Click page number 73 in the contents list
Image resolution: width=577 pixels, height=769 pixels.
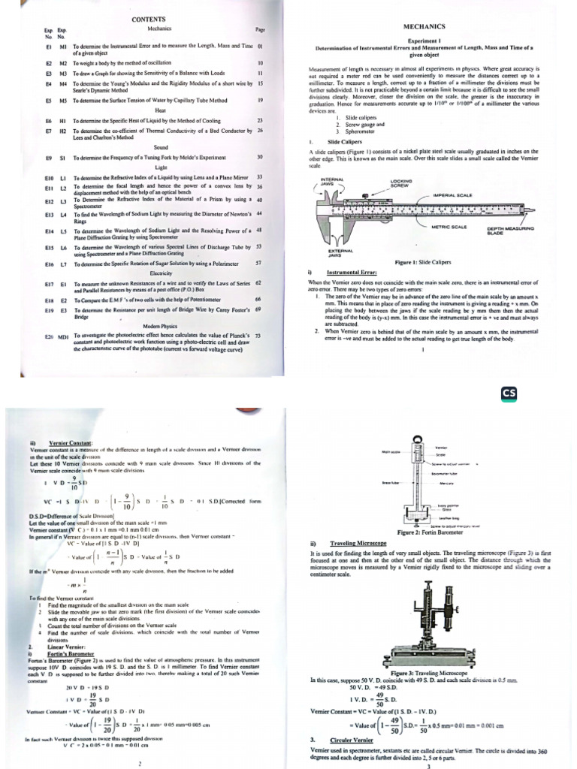click(x=258, y=336)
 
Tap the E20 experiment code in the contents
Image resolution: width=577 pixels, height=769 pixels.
click(x=50, y=336)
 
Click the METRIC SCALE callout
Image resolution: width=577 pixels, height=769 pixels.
click(x=449, y=227)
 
